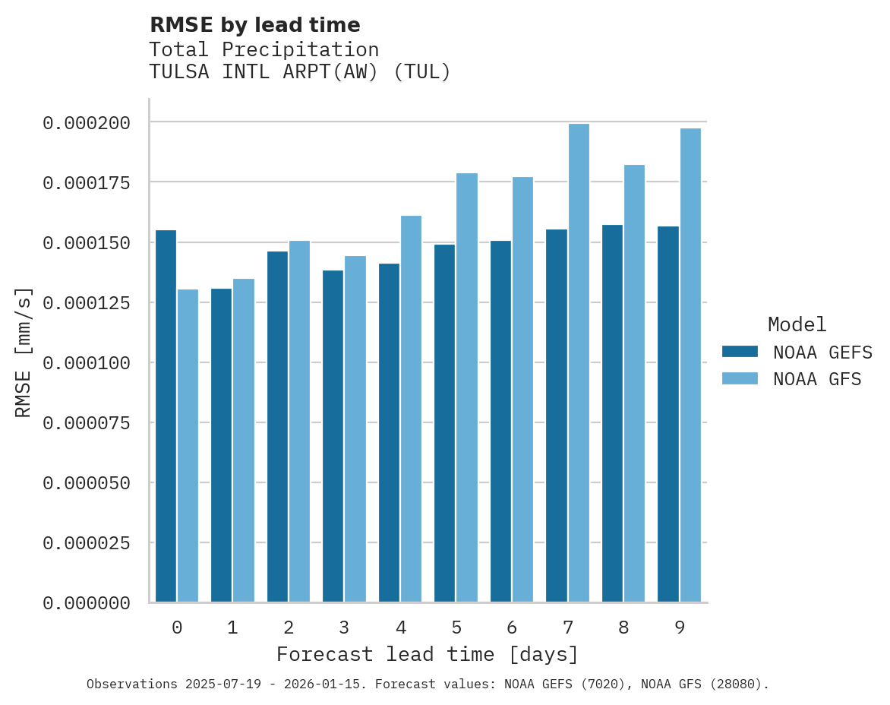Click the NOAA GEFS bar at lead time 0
[166, 416]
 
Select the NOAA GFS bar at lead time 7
[579, 363]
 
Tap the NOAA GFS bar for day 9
[690, 365]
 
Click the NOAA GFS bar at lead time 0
[188, 446]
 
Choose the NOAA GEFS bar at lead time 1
[221, 445]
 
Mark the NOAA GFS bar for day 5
[467, 387]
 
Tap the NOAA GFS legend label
[817, 378]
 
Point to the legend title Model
[797, 324]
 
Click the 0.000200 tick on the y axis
[86, 122]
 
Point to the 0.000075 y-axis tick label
[86, 422]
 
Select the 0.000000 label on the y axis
[86, 603]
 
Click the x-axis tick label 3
[344, 628]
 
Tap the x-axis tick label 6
[512, 628]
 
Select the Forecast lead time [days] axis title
[428, 654]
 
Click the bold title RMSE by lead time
[254, 25]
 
